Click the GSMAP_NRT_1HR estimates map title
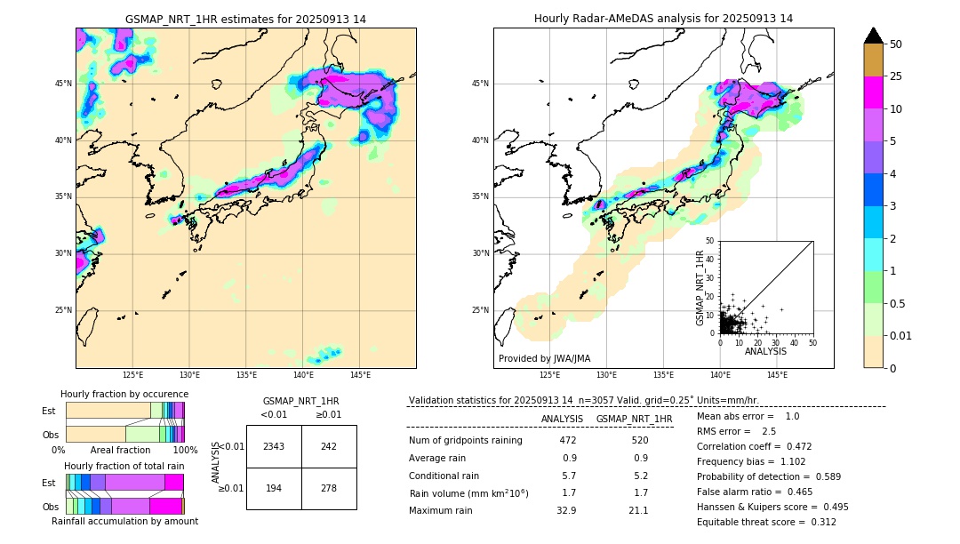(x=245, y=19)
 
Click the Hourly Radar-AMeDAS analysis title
(x=663, y=19)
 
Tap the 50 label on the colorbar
(x=896, y=44)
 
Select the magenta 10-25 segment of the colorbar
(x=873, y=92)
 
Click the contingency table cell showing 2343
(x=274, y=446)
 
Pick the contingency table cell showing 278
(x=329, y=488)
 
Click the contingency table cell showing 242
(x=329, y=446)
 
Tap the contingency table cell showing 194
(x=274, y=488)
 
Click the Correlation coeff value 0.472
(x=793, y=446)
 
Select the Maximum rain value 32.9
(x=567, y=510)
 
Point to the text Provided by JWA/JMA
(x=544, y=358)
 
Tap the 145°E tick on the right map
(x=777, y=375)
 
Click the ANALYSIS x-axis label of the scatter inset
(x=765, y=351)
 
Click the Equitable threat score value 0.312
(x=817, y=522)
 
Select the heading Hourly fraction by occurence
(x=124, y=394)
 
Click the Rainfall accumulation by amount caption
(x=124, y=521)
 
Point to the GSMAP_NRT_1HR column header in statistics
(x=634, y=419)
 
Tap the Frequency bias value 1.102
(x=781, y=461)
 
